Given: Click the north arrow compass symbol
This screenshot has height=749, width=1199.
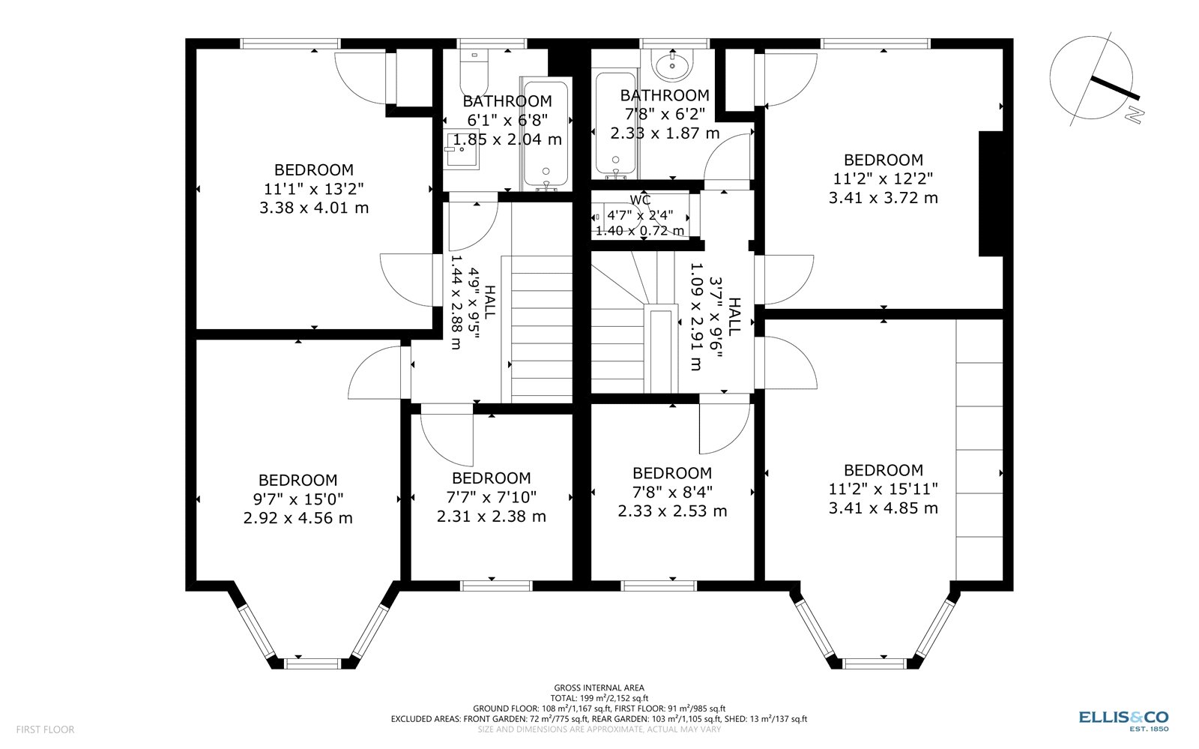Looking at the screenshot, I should tap(1093, 77).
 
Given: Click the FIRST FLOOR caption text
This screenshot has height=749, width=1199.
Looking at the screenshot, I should tap(45, 729).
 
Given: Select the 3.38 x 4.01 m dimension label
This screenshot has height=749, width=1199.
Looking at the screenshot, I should tap(314, 208).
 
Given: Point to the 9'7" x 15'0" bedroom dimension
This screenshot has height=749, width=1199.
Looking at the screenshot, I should tap(298, 499).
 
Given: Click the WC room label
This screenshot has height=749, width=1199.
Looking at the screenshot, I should tap(640, 200).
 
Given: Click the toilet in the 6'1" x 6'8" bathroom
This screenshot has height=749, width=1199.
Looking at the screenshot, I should tap(474, 71).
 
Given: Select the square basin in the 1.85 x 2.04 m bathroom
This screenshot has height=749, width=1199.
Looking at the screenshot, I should tap(461, 150).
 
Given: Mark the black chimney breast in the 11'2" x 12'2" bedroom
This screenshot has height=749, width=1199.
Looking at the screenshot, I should tap(991, 193).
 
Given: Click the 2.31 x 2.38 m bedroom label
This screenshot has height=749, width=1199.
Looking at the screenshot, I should tap(491, 517).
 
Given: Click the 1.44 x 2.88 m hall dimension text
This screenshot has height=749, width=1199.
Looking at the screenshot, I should tap(455, 302).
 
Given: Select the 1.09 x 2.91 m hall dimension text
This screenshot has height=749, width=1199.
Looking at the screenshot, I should tap(696, 316).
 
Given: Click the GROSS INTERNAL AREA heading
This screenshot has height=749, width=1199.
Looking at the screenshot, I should tap(599, 688).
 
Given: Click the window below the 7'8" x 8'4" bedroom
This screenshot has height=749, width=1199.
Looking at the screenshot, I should tap(649, 586).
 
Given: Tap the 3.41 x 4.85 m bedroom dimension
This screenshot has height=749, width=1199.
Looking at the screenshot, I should tap(883, 508).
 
